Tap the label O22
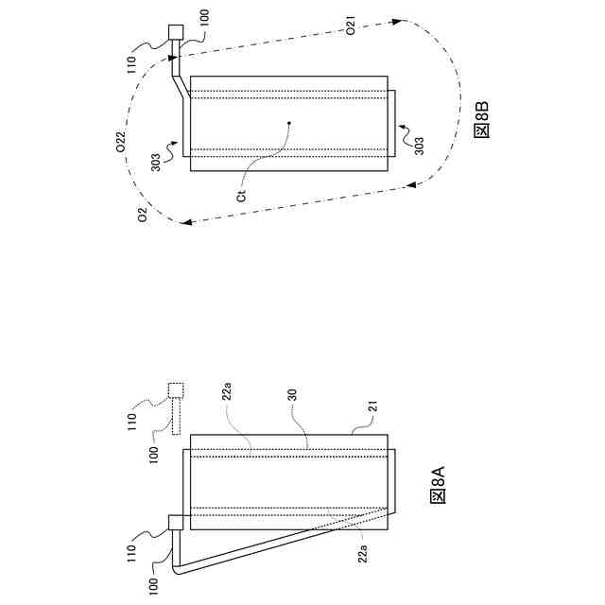[121, 143]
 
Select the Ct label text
[242, 196]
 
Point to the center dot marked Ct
[290, 122]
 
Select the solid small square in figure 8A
[176, 522]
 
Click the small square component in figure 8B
[176, 31]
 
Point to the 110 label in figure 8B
[139, 64]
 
